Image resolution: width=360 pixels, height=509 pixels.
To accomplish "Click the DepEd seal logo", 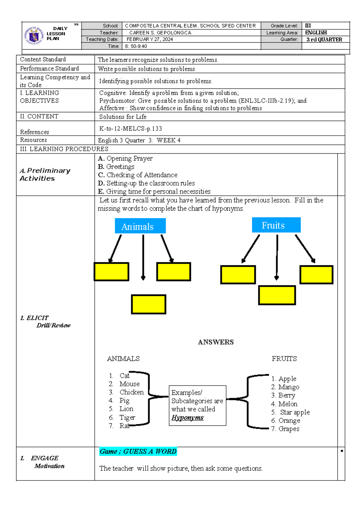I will pos(34,35).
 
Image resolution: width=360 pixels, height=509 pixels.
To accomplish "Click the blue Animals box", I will pos(140,226).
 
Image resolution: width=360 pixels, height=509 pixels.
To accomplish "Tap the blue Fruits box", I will pos(276,225).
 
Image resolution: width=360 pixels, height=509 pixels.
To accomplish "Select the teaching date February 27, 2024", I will pos(150,39).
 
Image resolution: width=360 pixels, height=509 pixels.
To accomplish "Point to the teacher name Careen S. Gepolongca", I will pos(160,33).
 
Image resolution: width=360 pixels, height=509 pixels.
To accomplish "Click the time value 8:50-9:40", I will pos(136,46).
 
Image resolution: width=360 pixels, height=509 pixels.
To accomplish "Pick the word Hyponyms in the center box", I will pos(187,417).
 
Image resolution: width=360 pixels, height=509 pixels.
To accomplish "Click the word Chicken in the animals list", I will pos(131,392).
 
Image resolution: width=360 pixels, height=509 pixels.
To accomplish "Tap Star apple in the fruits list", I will pos(295,412).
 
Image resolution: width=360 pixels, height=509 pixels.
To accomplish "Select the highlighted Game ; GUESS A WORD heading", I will pos(138,451).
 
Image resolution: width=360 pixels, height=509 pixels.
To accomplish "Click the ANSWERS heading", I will pos(216,342).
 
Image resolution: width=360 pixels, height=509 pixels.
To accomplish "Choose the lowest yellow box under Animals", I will pos(148,304).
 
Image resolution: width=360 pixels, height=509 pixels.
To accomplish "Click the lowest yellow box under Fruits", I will pos(277,295).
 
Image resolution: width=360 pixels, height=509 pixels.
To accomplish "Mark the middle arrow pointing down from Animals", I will pos(143,257).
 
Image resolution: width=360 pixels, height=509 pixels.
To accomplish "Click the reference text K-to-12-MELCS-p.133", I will pos(130,129).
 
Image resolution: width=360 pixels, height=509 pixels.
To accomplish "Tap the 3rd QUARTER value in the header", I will pos(324,40).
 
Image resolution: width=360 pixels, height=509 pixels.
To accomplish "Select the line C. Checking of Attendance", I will pos(138,175).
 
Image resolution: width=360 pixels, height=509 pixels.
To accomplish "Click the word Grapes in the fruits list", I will pos(289,429).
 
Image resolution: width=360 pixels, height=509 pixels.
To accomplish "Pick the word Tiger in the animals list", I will pos(127,417).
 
